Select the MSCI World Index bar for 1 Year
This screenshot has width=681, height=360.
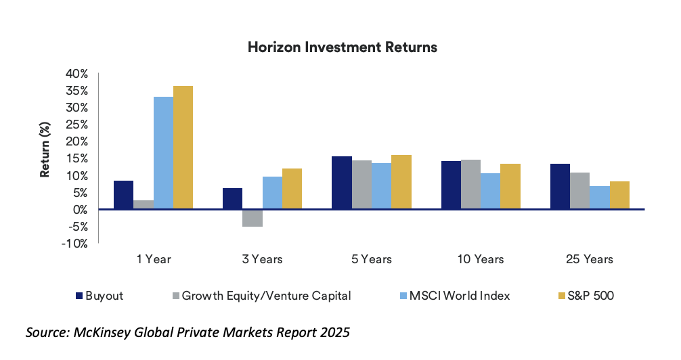coord(163,153)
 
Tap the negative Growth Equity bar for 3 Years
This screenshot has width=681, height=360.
coord(252,218)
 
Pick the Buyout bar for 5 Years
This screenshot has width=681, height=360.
coord(341,183)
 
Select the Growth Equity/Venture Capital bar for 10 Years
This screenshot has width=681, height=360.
coord(470,185)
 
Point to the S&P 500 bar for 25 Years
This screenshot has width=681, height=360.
coord(619,196)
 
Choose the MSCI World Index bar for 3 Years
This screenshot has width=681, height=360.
coord(272,193)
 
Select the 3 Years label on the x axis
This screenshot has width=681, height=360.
coord(262,259)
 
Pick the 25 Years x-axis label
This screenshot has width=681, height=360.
coord(590,259)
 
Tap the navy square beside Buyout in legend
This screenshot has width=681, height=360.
coord(79,295)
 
